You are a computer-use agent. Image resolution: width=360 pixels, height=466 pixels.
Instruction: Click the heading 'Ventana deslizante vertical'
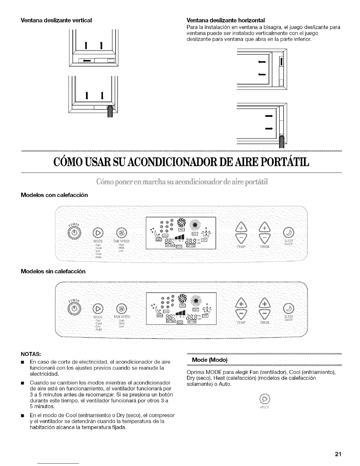56,20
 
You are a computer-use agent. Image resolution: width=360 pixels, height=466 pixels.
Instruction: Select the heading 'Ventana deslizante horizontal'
226,20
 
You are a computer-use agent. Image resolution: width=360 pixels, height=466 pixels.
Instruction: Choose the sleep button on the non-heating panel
287,309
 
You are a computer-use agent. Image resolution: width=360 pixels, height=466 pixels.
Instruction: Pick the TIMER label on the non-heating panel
265,322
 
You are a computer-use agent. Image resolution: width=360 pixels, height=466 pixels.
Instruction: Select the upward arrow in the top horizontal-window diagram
281,62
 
